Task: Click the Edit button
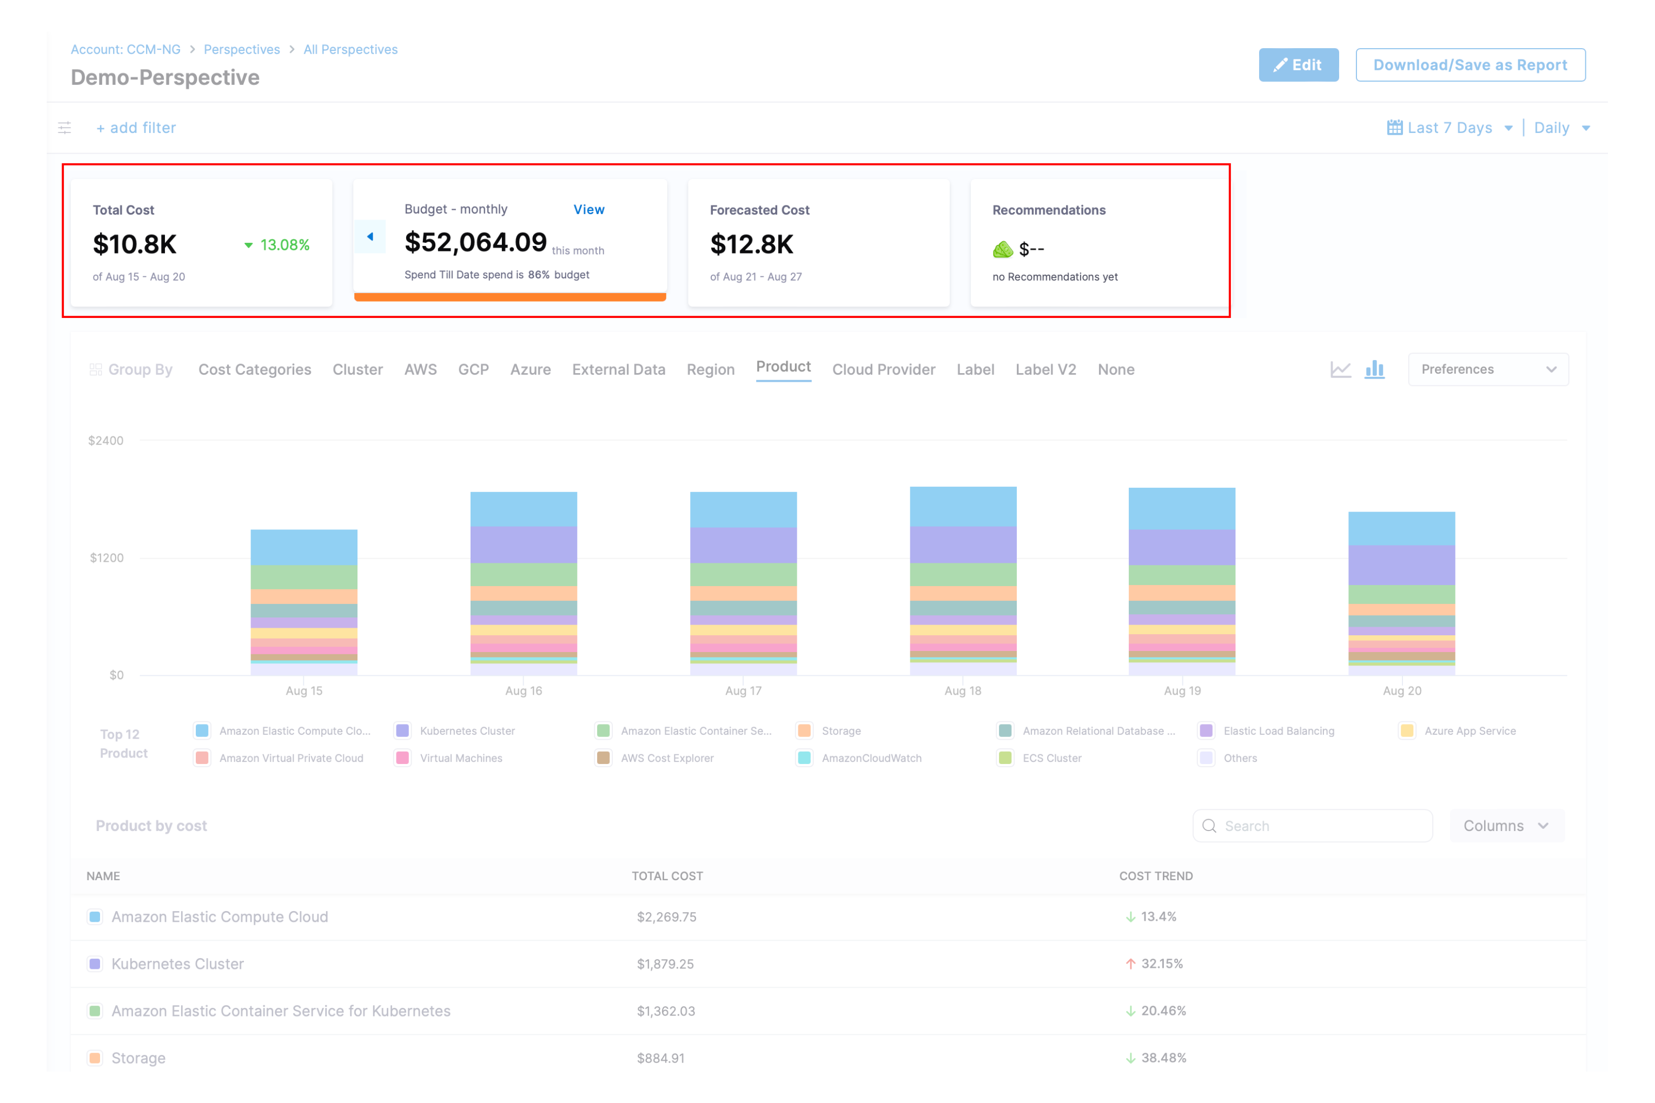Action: click(x=1298, y=65)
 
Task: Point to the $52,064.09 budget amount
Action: click(x=475, y=243)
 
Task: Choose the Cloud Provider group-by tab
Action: click(x=883, y=369)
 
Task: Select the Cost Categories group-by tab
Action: click(x=254, y=369)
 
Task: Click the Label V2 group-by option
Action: click(x=1045, y=369)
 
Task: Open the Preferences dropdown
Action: click(x=1487, y=369)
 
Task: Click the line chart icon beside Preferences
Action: click(x=1340, y=369)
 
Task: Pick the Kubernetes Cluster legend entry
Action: click(x=467, y=731)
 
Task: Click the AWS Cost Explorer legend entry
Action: click(x=666, y=758)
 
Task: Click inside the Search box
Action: click(x=1323, y=826)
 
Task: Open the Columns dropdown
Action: click(x=1505, y=826)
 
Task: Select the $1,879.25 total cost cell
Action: click(x=665, y=964)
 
